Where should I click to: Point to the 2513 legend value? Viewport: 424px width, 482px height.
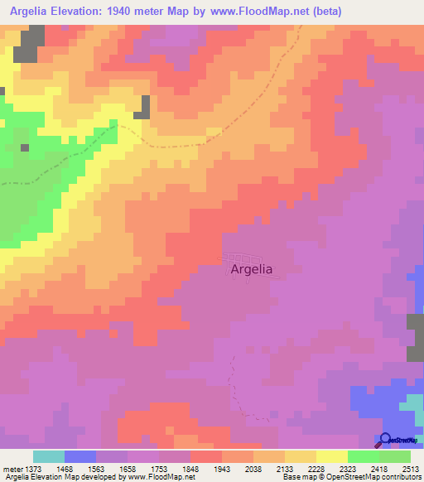point(411,469)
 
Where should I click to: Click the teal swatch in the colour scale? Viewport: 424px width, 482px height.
point(49,456)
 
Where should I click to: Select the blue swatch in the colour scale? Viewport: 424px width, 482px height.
point(80,456)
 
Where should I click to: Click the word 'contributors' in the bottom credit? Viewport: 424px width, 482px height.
point(399,477)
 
